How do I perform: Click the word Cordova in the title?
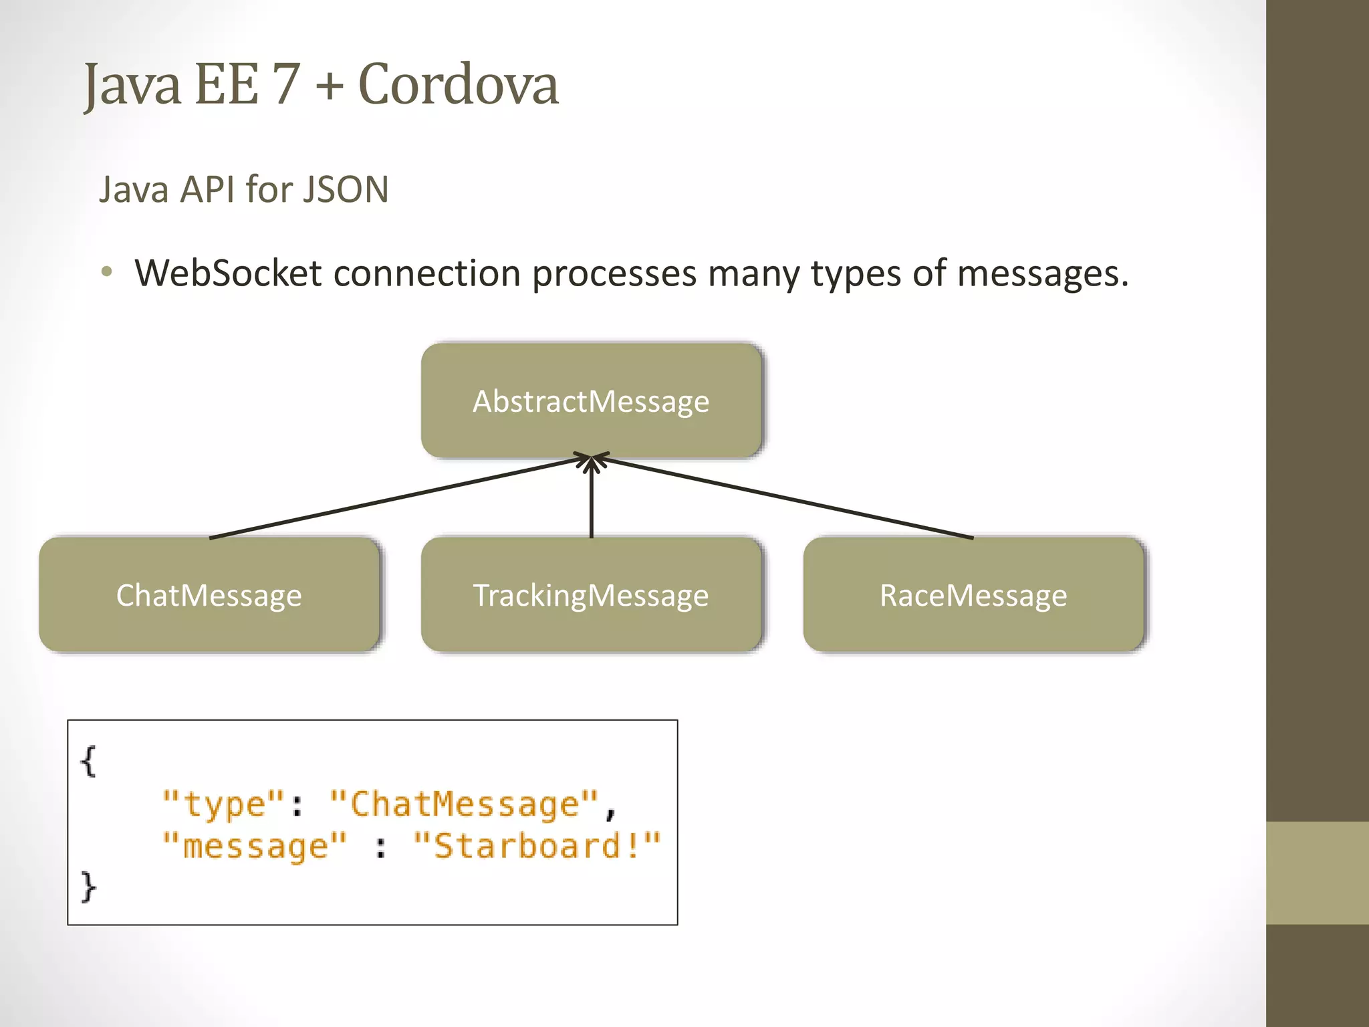coord(458,85)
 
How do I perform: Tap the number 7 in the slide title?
coord(286,85)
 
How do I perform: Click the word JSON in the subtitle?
coord(345,189)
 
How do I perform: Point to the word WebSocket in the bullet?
coord(228,273)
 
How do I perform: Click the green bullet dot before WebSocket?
coord(107,272)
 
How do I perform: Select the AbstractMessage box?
coord(591,401)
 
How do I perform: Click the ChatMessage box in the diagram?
coord(209,595)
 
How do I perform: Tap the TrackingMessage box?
coord(591,595)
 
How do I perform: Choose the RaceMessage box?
coord(973,595)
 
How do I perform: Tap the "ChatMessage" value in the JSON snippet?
coord(464,804)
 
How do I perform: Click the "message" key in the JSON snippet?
coord(255,846)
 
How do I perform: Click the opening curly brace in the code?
coord(88,762)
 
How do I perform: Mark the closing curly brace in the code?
coord(88,887)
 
